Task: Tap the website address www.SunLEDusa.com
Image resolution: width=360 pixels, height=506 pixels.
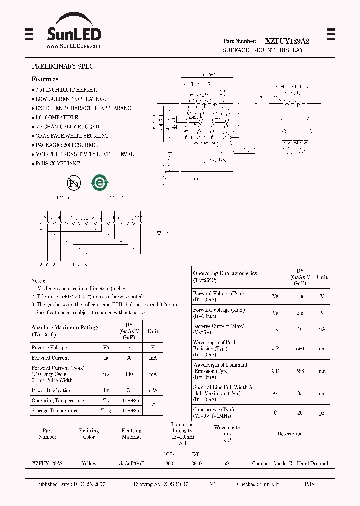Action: point(74,46)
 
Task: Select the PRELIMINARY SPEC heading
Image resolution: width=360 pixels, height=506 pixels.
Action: point(62,66)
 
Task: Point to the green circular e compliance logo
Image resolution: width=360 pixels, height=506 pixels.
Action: point(99,183)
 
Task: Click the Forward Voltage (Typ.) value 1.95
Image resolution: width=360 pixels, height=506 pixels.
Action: point(300,296)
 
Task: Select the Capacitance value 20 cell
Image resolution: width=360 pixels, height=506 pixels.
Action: point(300,413)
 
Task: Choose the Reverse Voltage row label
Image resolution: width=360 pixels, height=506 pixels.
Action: point(50,347)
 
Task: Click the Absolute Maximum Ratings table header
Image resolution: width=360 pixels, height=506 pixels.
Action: point(65,330)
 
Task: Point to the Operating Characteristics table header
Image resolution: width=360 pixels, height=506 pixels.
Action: point(225,276)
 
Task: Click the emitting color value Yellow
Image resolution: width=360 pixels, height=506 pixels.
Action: point(89,463)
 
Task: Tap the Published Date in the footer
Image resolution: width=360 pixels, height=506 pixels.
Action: point(70,484)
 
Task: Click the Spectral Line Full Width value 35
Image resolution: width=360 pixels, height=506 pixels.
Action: point(300,393)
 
